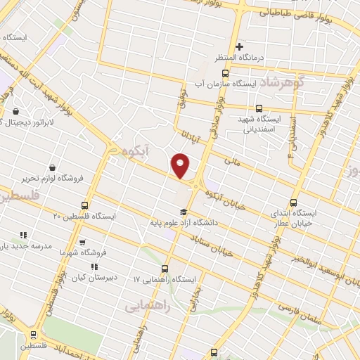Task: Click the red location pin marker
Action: click(x=181, y=166)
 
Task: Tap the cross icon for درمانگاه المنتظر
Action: click(x=239, y=46)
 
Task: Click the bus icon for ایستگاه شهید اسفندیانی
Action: click(x=259, y=108)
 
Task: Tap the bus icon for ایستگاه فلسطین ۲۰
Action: click(x=85, y=205)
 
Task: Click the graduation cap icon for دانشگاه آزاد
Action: click(x=183, y=212)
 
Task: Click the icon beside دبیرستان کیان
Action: click(x=94, y=266)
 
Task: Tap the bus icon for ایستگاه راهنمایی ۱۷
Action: click(x=165, y=268)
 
